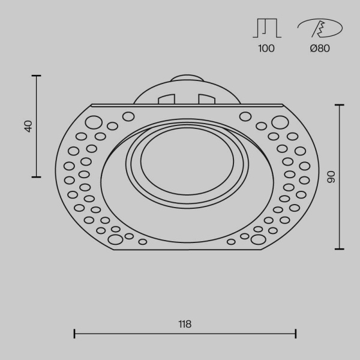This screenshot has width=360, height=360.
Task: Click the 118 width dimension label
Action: coord(185,324)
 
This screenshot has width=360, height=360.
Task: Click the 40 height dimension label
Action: coord(28,126)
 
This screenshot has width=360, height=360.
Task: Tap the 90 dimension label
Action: coord(331,176)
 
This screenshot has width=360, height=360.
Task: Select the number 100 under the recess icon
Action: coord(266,49)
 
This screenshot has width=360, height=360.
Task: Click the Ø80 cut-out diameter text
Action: coord(320,49)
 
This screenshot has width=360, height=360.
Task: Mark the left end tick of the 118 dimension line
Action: coord(74,333)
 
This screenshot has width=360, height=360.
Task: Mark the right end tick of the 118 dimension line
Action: coord(296,333)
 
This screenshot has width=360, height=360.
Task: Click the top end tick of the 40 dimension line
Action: coord(37,76)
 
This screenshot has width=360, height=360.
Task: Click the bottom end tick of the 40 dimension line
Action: coord(37,177)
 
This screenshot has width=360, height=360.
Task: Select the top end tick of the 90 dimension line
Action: coord(340,105)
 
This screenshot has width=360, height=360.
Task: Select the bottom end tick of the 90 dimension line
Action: coord(340,248)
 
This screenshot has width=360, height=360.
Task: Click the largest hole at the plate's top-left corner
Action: coord(94,123)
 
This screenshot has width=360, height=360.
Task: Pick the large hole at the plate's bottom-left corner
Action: coord(113,240)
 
